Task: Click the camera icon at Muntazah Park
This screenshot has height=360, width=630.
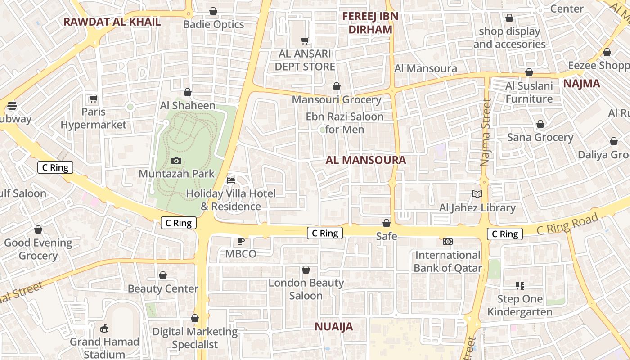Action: [176, 161]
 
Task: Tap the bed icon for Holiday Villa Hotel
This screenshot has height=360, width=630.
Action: [231, 180]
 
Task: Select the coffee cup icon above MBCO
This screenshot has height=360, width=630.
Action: [241, 241]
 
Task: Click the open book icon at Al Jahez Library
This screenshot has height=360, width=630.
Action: [477, 194]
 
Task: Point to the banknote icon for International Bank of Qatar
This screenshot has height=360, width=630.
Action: [447, 242]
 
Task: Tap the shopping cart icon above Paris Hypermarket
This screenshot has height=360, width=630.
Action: [93, 99]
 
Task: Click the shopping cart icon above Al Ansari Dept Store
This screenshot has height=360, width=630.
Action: [305, 40]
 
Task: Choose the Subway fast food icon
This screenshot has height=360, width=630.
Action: [12, 106]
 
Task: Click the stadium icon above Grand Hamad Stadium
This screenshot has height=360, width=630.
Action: [104, 328]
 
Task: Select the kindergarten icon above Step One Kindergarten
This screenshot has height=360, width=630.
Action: [520, 285]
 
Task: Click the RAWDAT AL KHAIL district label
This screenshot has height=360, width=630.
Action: [112, 22]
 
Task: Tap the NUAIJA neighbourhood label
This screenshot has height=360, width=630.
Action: [333, 327]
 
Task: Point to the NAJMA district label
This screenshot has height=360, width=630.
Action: [581, 83]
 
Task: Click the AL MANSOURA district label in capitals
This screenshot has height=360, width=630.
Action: [365, 160]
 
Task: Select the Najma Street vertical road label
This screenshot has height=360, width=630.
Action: [485, 133]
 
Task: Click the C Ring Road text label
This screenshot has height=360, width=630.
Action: [567, 224]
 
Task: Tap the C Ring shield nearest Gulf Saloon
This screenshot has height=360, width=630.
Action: [55, 168]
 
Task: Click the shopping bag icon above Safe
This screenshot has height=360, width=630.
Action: [386, 223]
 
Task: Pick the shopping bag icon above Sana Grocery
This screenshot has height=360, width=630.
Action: [540, 124]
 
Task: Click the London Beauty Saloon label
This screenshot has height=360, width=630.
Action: [306, 289]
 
